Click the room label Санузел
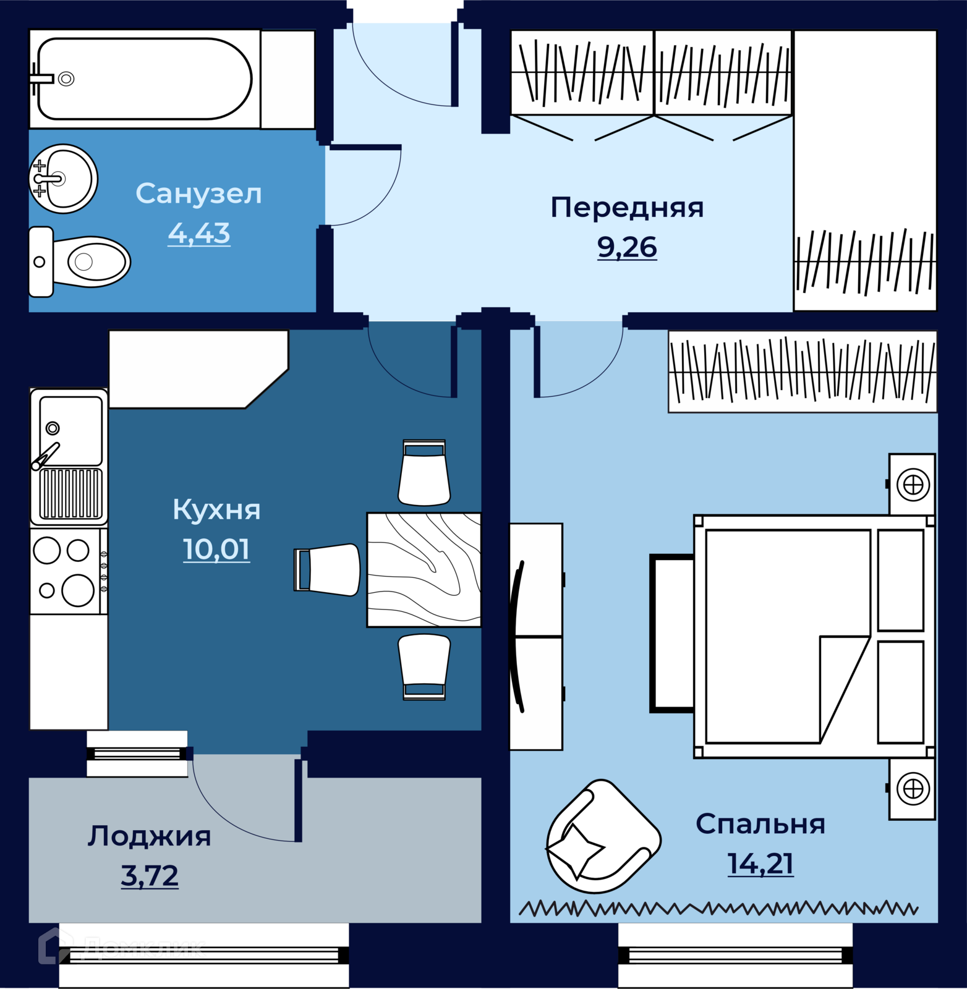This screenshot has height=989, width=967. point(198,193)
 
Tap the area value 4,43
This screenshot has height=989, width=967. point(199,234)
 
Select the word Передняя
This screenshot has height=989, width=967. point(627,208)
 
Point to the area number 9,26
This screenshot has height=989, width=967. point(627,247)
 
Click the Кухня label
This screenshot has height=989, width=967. point(216,510)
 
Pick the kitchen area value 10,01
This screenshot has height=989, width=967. point(216,550)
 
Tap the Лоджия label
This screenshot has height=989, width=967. point(150,836)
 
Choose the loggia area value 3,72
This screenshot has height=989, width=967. point(150,876)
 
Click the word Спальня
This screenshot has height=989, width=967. point(760,825)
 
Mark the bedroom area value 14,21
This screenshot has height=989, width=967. point(760,864)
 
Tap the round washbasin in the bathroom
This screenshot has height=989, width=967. point(63,179)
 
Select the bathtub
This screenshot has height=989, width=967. point(145,79)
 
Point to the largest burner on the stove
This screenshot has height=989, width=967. point(78,590)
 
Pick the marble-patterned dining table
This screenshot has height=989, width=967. point(424,570)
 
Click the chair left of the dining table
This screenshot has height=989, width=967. point(327,570)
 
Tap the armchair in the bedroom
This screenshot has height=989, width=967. point(603,837)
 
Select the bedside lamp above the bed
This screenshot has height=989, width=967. point(913,485)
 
